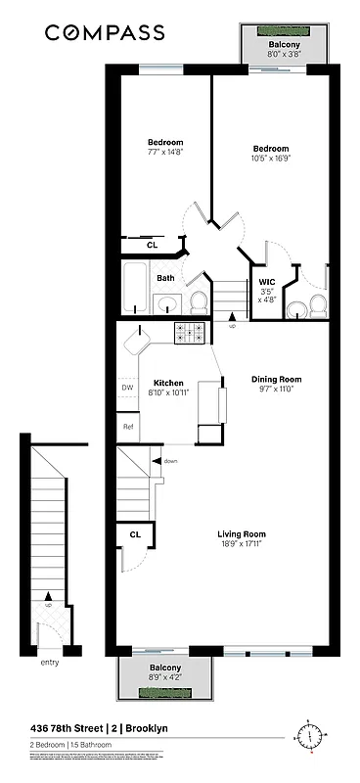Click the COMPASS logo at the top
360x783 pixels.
(104, 33)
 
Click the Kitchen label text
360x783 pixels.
(168, 383)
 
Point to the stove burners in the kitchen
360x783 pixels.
(189, 334)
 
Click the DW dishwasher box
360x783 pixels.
(127, 389)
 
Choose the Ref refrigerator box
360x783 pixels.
(127, 427)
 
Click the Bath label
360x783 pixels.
(166, 278)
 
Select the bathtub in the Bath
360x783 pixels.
(134, 288)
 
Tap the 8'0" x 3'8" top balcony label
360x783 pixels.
(287, 55)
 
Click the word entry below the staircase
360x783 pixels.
(50, 663)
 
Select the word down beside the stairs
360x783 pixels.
(170, 460)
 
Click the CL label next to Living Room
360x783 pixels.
(135, 534)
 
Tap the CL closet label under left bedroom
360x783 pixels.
(153, 245)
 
